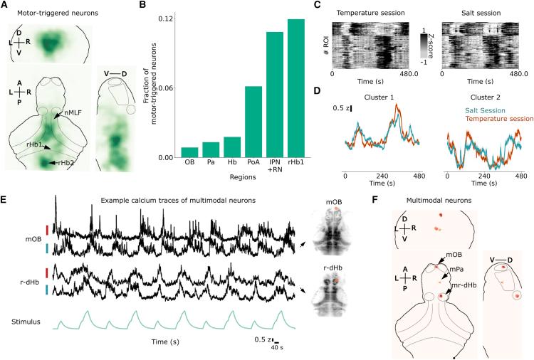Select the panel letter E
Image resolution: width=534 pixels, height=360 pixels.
[4, 197]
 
